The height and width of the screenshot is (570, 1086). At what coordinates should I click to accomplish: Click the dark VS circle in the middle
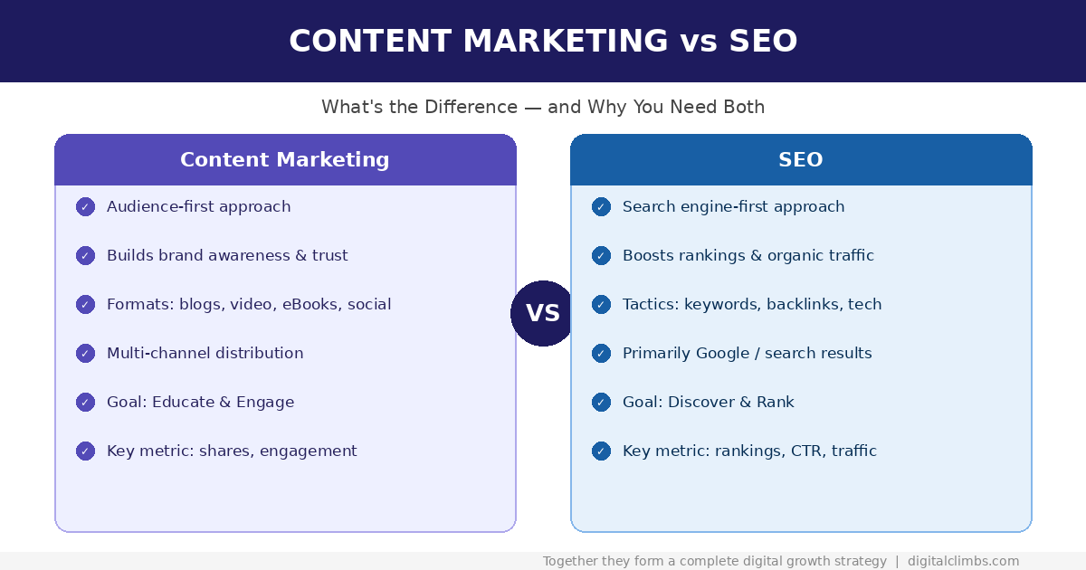(543, 313)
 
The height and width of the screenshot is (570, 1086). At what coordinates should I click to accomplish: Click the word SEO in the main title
(763, 42)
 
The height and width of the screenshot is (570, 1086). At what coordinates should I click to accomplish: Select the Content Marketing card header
(285, 160)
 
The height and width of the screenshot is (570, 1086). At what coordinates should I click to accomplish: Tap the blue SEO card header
(801, 160)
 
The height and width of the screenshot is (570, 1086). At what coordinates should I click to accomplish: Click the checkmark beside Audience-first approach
(85, 207)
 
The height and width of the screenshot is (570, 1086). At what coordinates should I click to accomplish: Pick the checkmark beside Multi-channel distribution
(85, 354)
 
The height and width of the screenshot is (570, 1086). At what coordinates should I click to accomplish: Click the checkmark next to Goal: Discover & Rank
(601, 403)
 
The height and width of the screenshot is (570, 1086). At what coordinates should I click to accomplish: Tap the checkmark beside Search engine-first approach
(601, 207)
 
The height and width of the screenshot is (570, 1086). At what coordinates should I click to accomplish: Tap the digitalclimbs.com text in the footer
(963, 562)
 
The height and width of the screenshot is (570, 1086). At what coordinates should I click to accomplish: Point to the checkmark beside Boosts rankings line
(601, 256)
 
